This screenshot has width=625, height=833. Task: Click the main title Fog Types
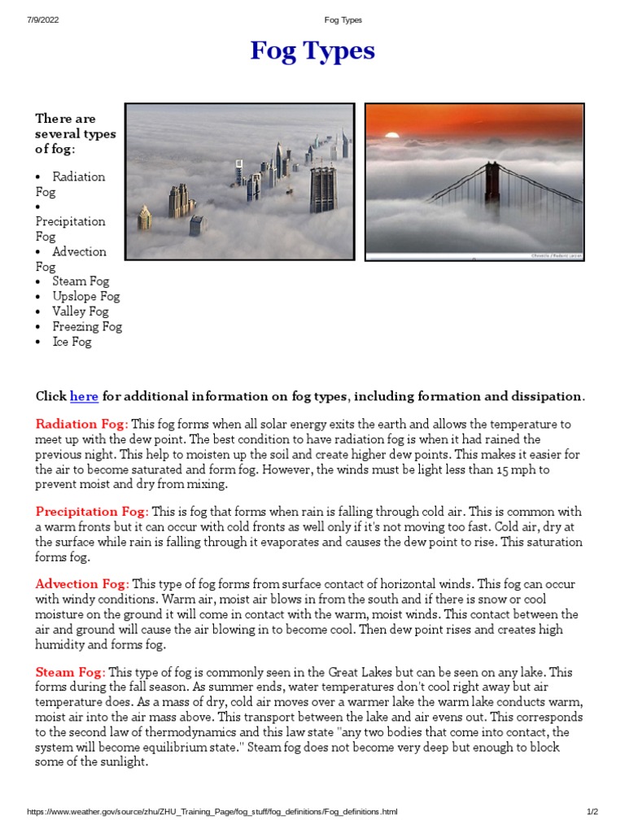point(312,51)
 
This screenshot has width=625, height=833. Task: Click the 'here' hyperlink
point(84,397)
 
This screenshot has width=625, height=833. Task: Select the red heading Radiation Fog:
point(81,425)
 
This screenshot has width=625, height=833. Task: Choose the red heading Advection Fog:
point(82,584)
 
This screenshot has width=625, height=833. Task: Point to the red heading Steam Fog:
point(70,672)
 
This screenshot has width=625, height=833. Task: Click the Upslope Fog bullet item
point(85,296)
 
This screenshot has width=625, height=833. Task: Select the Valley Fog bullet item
point(80,312)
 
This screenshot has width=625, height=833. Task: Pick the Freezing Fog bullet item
point(87,326)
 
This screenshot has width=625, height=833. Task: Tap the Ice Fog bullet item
point(72,342)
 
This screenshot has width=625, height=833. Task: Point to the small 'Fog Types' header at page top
point(343,20)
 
